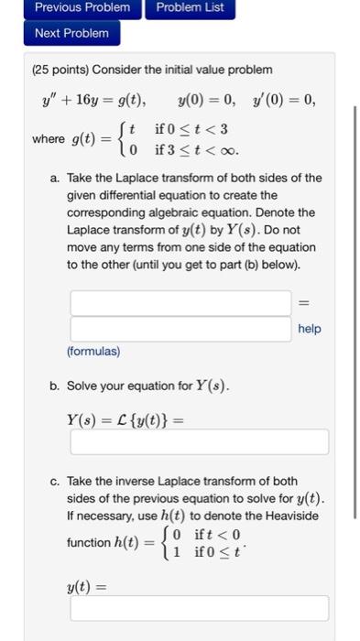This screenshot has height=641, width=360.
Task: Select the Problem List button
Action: coord(189,8)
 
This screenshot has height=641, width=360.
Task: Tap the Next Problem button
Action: coord(71,33)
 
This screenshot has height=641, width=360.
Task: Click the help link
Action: coord(310,328)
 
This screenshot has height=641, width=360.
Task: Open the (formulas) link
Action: coord(93,351)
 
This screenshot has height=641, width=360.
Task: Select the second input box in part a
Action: coord(180,328)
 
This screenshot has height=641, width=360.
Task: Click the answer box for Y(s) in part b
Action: coord(199,442)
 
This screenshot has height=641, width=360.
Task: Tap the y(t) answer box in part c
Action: coord(199,608)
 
